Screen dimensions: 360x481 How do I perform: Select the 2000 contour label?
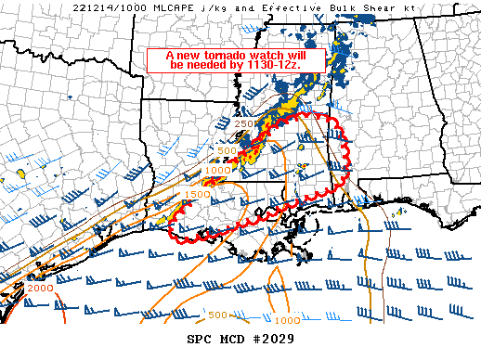40,289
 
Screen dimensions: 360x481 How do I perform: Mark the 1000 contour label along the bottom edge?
288,319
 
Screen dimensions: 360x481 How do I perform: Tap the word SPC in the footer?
200,340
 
